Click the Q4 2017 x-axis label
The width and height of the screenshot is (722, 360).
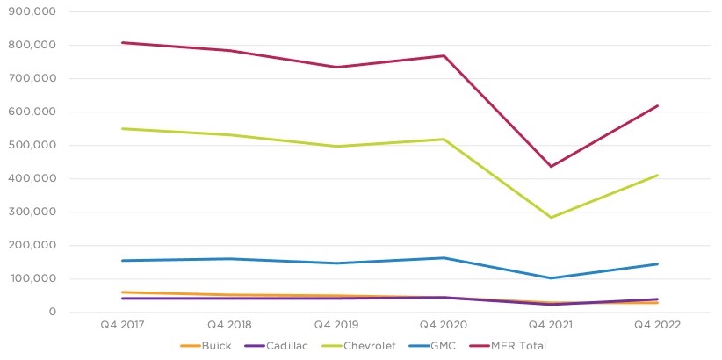pos(121,325)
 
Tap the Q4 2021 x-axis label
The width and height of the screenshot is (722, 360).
pos(551,325)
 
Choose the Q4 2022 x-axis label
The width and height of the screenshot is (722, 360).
pos(658,325)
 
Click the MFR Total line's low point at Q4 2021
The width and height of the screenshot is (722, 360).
pos(551,166)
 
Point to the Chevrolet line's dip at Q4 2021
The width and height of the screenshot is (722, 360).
pos(551,217)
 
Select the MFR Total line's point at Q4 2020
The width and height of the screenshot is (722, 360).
pos(444,56)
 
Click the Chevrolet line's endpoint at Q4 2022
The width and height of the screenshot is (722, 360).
pos(658,175)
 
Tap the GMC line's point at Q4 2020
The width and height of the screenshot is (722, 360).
pos(444,258)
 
